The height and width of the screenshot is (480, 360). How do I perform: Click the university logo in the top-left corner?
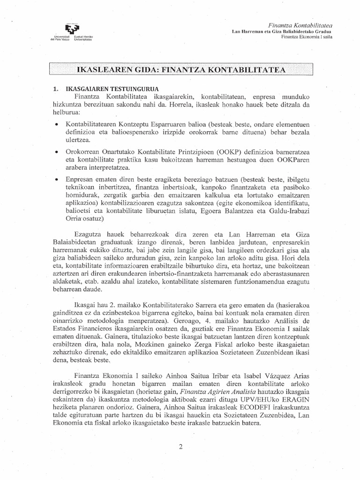coord(73,31)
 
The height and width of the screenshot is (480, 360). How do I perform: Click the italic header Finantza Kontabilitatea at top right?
coord(300,24)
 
